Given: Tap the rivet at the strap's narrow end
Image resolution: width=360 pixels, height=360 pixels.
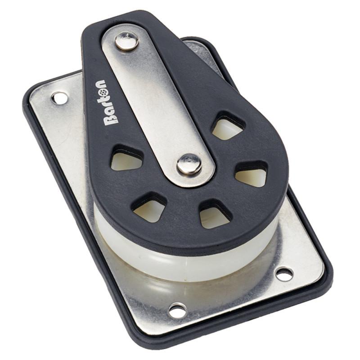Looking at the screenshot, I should tap(127, 41).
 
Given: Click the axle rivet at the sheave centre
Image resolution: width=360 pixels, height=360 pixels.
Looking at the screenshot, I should tap(189, 164).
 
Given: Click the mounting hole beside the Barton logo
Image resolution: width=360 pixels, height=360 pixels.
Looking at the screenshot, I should tap(59, 97).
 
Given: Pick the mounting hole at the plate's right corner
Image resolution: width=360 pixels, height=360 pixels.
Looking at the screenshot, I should tap(284, 273).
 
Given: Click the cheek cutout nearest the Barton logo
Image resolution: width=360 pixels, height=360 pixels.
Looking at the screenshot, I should tap(126, 159).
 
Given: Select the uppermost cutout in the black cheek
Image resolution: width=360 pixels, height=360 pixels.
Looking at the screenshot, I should tap(227, 127).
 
